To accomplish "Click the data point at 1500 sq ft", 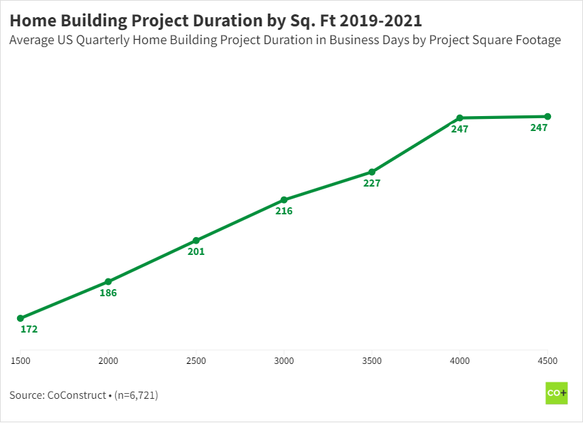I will tap(21, 318).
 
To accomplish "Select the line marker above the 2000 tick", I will tap(108, 281).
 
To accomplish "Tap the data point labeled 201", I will tap(196, 241).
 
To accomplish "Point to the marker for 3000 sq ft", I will tap(284, 200).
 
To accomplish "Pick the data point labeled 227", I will tap(372, 172).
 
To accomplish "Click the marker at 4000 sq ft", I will tap(460, 117).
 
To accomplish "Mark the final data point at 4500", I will tap(547, 116).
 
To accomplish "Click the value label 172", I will tap(29, 330).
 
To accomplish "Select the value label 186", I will tap(108, 293).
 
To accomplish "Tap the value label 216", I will tap(284, 211).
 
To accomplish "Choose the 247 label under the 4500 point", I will tap(539, 128).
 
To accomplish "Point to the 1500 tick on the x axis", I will tap(20, 361).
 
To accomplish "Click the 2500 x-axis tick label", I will tap(196, 361).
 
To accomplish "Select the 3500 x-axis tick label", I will tap(372, 361).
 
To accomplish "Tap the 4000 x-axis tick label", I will tap(460, 361).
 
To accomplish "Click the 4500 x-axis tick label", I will tap(547, 361).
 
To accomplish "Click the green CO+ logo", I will tap(556, 393).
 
